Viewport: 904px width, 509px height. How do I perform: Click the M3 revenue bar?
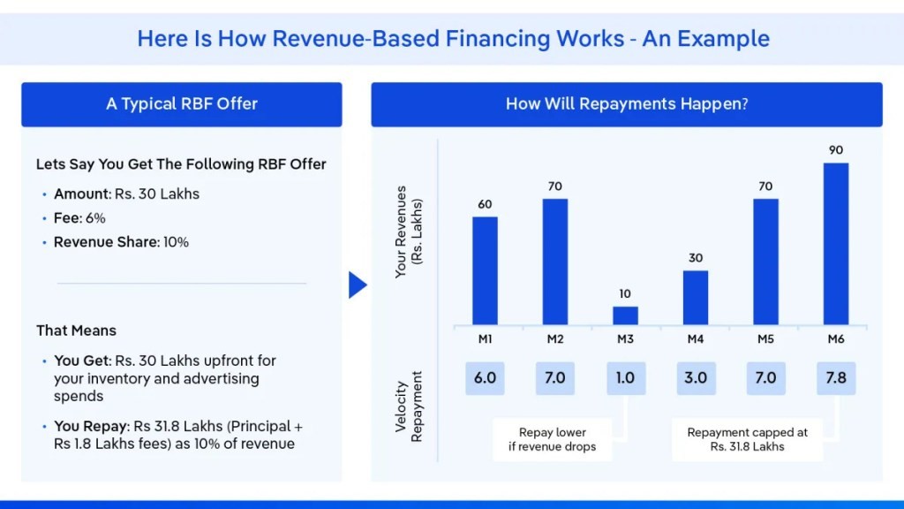click(625, 315)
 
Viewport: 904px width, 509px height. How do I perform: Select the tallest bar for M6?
click(835, 244)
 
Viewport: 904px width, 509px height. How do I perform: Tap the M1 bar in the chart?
click(485, 270)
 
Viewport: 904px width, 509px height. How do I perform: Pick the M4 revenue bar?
click(695, 297)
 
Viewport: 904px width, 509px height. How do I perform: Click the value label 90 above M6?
click(835, 150)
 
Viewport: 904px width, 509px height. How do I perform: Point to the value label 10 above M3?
click(625, 293)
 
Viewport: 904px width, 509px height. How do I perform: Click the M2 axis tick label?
click(554, 338)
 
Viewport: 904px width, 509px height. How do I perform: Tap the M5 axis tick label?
click(765, 338)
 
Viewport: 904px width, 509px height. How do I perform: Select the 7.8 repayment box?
click(835, 377)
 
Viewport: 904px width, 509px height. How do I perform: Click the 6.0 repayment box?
click(485, 377)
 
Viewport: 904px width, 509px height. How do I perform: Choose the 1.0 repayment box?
click(625, 377)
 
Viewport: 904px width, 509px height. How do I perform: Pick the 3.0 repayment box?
click(695, 377)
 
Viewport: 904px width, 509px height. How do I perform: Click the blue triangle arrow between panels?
click(358, 285)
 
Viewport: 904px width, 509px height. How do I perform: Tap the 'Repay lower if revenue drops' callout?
click(553, 439)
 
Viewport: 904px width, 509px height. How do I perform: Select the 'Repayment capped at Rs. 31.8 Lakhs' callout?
click(747, 439)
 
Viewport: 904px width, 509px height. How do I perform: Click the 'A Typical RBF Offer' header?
click(182, 104)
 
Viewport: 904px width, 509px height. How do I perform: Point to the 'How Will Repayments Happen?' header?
click(627, 104)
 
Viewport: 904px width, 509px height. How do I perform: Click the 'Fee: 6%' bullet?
click(79, 217)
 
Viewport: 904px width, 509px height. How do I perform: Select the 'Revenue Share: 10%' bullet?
click(121, 242)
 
